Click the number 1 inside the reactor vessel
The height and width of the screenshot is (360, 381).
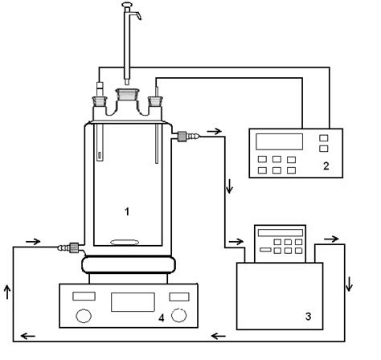(x=127, y=211)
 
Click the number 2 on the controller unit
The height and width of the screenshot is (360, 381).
(x=326, y=166)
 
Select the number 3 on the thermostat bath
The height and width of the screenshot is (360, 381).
(x=308, y=317)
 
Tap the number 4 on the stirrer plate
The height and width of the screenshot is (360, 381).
(x=162, y=318)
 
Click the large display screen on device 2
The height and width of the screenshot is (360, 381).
(x=279, y=141)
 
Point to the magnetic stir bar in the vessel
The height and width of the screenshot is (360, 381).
(x=125, y=242)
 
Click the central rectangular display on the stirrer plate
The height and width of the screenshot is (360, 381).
(x=133, y=302)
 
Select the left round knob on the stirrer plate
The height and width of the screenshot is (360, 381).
(x=84, y=316)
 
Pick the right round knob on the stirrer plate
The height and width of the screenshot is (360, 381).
(x=179, y=315)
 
